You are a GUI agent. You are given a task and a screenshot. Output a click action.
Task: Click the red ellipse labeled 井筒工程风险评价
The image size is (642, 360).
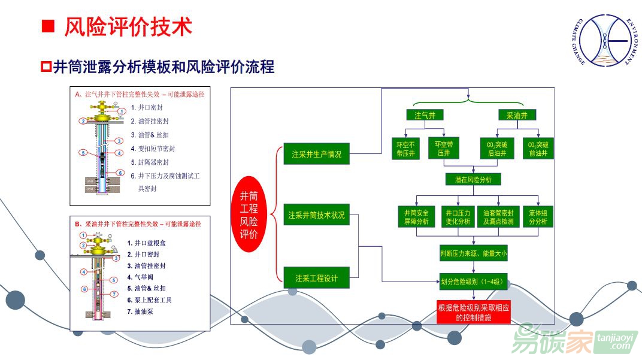tap(249, 214)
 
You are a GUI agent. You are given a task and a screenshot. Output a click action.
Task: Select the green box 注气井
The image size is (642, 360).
tap(425, 116)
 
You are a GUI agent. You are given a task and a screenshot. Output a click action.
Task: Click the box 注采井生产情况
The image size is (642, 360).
tap(316, 155)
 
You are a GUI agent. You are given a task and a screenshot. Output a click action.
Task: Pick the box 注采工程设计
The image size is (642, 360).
tap(316, 278)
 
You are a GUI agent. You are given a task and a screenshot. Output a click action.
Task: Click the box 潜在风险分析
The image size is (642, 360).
tap(473, 179)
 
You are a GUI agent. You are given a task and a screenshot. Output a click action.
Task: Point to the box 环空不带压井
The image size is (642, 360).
tap(405, 149)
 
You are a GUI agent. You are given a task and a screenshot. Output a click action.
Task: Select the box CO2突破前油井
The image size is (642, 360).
tap(538, 149)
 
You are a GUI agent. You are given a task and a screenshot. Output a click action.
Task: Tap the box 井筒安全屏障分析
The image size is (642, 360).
tap(413, 217)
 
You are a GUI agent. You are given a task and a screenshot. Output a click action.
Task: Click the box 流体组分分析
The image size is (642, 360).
tap(538, 217)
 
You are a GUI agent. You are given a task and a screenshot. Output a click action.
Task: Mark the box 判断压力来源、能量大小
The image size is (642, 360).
tap(473, 254)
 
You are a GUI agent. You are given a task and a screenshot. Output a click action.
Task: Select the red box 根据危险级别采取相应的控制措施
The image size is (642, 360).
tap(473, 312)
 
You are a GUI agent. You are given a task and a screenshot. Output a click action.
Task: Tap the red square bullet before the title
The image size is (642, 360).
tap(48, 26)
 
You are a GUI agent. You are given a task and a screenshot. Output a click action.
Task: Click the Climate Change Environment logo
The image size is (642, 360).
tap(602, 41)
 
